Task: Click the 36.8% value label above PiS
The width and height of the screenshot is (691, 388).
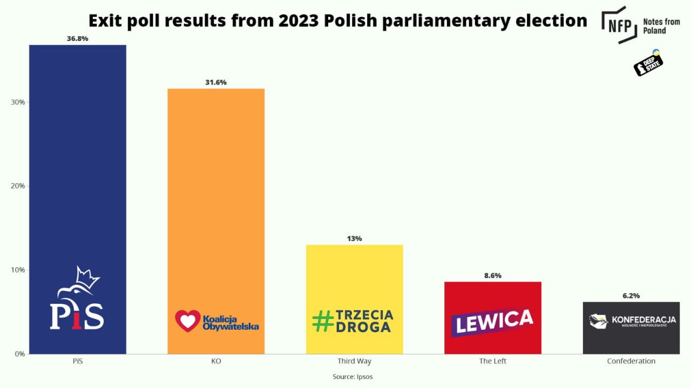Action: (x=77, y=39)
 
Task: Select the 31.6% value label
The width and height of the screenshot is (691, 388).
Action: (x=216, y=82)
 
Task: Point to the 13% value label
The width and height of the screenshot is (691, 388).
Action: (x=355, y=238)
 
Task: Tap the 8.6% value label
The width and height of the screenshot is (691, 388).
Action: (x=492, y=275)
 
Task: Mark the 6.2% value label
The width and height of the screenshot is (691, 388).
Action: (x=631, y=296)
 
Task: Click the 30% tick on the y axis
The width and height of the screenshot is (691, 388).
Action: (x=18, y=102)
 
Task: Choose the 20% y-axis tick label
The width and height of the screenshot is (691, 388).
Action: (x=18, y=186)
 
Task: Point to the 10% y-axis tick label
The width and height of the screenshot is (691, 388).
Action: (x=18, y=270)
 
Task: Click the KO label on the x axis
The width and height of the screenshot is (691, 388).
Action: (x=216, y=361)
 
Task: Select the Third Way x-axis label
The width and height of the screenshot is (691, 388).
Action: (x=355, y=361)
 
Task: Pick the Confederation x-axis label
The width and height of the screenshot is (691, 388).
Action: (x=631, y=361)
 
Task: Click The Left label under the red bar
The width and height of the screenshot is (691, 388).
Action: (x=493, y=361)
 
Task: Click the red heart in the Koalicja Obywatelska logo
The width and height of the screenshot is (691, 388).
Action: (x=187, y=321)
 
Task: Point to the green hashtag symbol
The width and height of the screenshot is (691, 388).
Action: (x=323, y=321)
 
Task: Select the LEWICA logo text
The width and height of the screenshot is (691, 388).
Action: (x=492, y=322)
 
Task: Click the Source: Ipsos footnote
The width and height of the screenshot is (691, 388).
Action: (x=353, y=377)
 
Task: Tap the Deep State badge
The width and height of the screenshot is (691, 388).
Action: (x=648, y=64)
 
